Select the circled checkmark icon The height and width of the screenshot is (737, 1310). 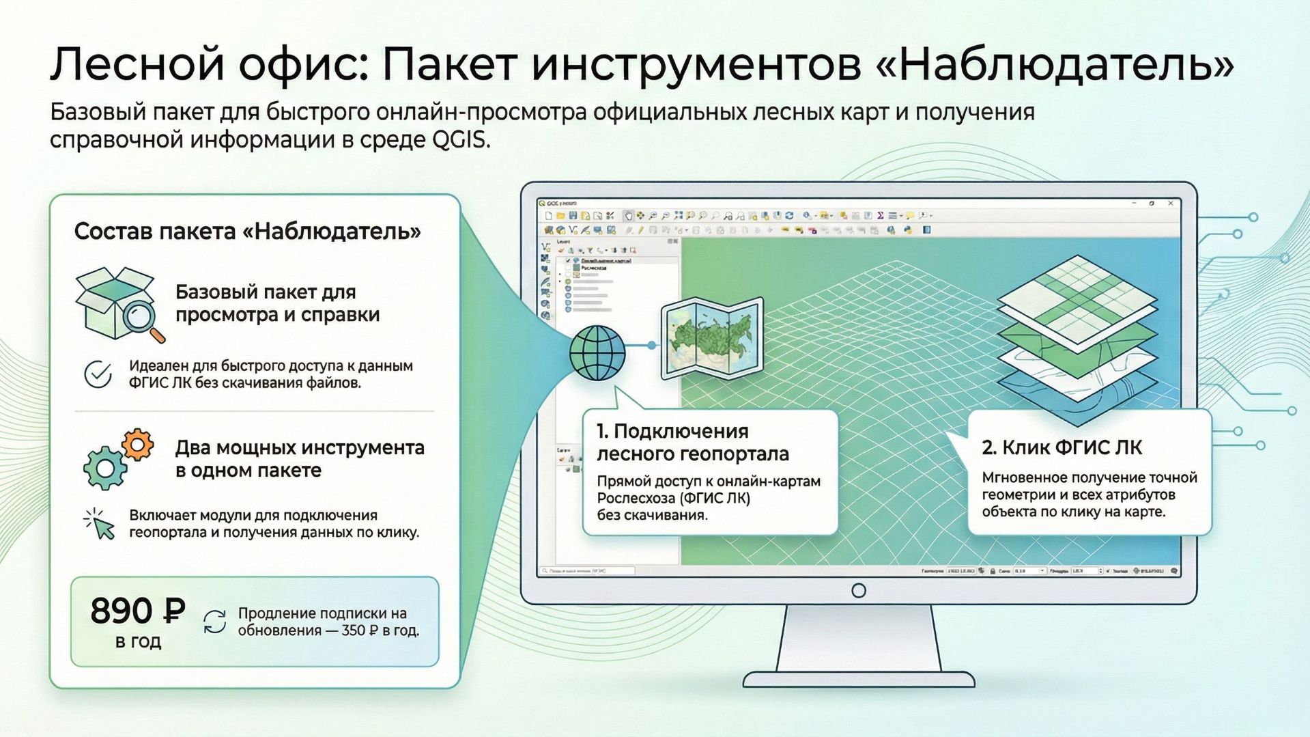click(x=98, y=374)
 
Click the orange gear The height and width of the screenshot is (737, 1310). click(x=137, y=445)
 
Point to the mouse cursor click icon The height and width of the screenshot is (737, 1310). click(x=100, y=525)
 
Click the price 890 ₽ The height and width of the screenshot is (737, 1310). click(x=138, y=611)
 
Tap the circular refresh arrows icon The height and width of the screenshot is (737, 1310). click(x=215, y=622)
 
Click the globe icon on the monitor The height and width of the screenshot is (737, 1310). click(x=597, y=352)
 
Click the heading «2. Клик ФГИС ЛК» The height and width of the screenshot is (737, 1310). click(x=1062, y=447)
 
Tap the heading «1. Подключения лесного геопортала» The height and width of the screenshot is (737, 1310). click(x=692, y=442)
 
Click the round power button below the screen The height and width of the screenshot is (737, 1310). click(x=859, y=590)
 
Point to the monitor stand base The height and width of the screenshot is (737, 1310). click(x=859, y=679)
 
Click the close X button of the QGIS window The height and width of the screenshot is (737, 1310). click(x=1171, y=204)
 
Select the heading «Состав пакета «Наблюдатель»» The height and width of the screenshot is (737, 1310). click(x=247, y=232)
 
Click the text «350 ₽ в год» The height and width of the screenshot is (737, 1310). click(x=380, y=630)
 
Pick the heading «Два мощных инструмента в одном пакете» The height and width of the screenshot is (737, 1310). click(x=299, y=459)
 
